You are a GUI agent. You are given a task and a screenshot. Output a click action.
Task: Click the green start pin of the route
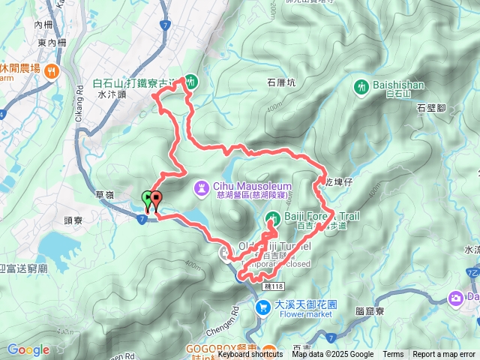(x=147, y=199)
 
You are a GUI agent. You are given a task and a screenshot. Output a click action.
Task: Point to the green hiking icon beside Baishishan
(x=361, y=86)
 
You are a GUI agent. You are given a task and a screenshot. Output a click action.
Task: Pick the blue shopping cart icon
(x=262, y=306)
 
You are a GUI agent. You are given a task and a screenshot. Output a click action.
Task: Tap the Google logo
(x=28, y=349)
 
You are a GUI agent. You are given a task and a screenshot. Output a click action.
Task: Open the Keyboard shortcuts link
(x=250, y=355)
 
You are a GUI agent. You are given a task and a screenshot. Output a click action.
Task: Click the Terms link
(x=393, y=355)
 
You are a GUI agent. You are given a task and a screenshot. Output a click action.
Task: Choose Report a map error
(x=444, y=355)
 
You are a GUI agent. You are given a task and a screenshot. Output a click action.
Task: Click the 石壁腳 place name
(x=431, y=109)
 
